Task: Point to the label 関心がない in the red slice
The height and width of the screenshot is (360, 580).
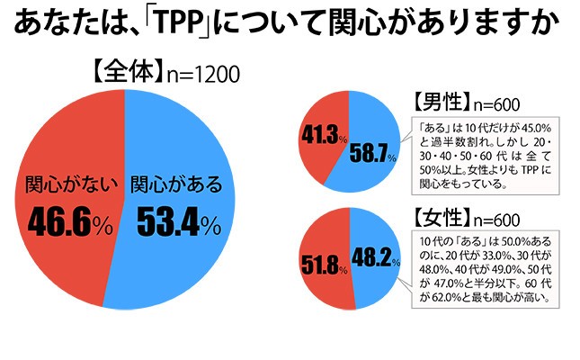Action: tap(59, 186)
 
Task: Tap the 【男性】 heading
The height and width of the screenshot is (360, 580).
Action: tap(442, 101)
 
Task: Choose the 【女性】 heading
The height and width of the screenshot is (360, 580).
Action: tap(442, 218)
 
